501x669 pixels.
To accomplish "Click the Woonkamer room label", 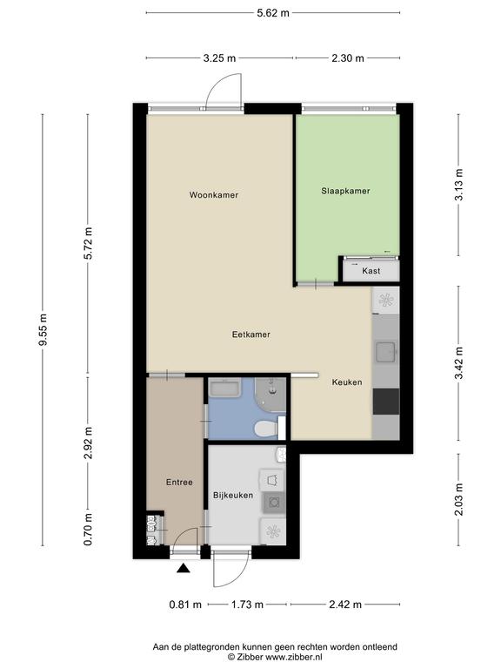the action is point(213,195).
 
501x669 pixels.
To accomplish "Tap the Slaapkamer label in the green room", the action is point(345,191).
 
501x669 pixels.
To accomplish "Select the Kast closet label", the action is point(371,271).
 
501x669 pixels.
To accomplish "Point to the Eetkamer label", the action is point(250,334).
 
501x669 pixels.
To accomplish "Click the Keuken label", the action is point(347,382).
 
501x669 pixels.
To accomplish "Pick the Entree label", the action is point(179,482).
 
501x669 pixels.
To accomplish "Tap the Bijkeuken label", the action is point(233,495).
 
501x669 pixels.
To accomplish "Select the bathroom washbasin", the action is point(226,388).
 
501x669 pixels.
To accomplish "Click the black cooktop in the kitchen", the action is point(386,401).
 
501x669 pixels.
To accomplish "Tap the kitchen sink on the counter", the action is point(386,352).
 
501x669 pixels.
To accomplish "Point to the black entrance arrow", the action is point(184,567).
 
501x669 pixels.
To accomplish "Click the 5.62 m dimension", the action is point(273,13).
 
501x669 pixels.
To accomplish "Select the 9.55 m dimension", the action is point(43,330).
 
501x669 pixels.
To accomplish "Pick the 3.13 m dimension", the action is point(458,185).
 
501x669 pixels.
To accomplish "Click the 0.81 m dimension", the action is point(185,605).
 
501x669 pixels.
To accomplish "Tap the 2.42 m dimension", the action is point(345,605).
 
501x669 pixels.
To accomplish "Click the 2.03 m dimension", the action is point(458,499).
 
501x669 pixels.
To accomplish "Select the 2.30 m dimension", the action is point(348,58).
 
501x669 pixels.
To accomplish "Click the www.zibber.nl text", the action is point(293,657).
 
